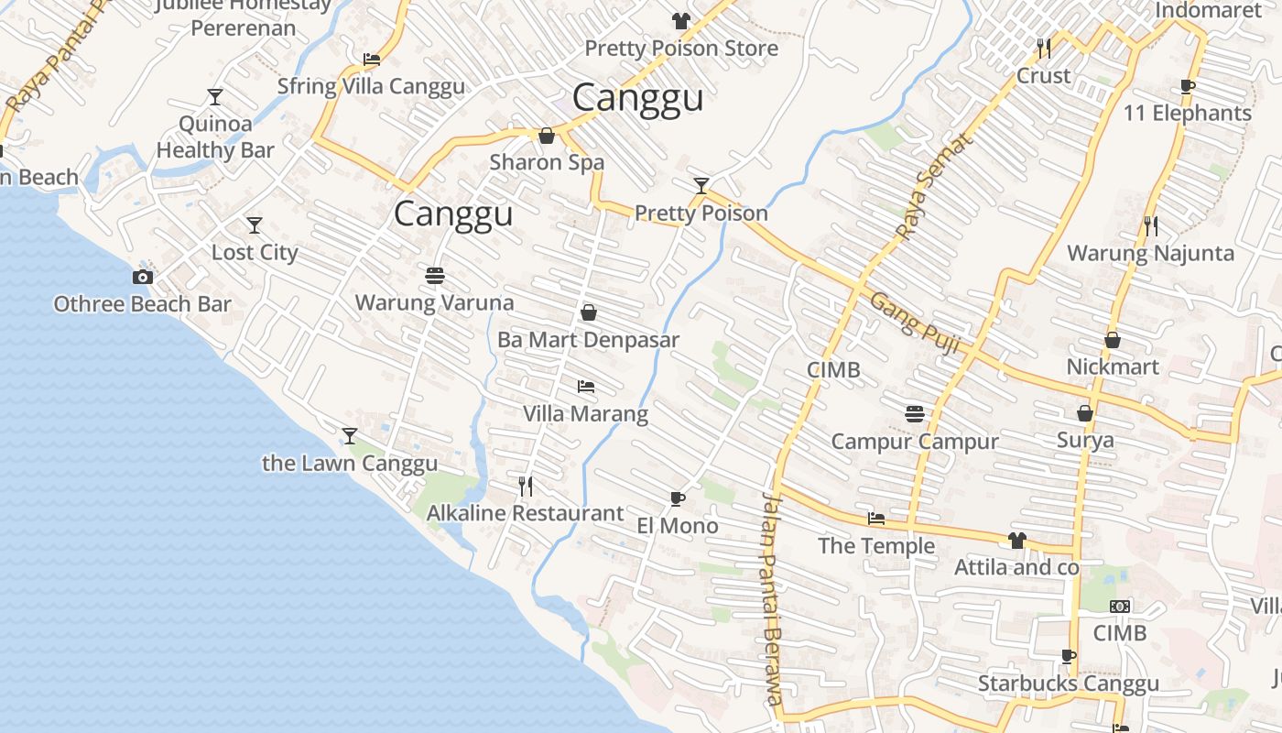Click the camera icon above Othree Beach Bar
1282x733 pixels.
point(143,277)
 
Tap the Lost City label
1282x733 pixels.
point(255,252)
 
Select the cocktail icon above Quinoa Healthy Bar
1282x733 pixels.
point(215,96)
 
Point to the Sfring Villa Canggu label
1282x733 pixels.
point(371,86)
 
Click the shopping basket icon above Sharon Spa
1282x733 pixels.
point(547,136)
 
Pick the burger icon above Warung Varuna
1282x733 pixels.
point(435,275)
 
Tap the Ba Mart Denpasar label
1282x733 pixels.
point(588,340)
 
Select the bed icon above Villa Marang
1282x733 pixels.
point(586,387)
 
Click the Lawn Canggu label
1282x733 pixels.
point(350,463)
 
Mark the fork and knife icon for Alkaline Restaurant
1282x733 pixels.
point(526,486)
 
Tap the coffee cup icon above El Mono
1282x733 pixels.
point(677,498)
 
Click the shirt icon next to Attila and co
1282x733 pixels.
point(1016,541)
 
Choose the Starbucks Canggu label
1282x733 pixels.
point(1068,684)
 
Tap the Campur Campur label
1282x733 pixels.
point(914,442)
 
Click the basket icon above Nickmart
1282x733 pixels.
point(1112,340)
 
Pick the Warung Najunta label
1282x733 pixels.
point(1150,253)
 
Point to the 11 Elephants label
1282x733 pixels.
point(1187,114)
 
